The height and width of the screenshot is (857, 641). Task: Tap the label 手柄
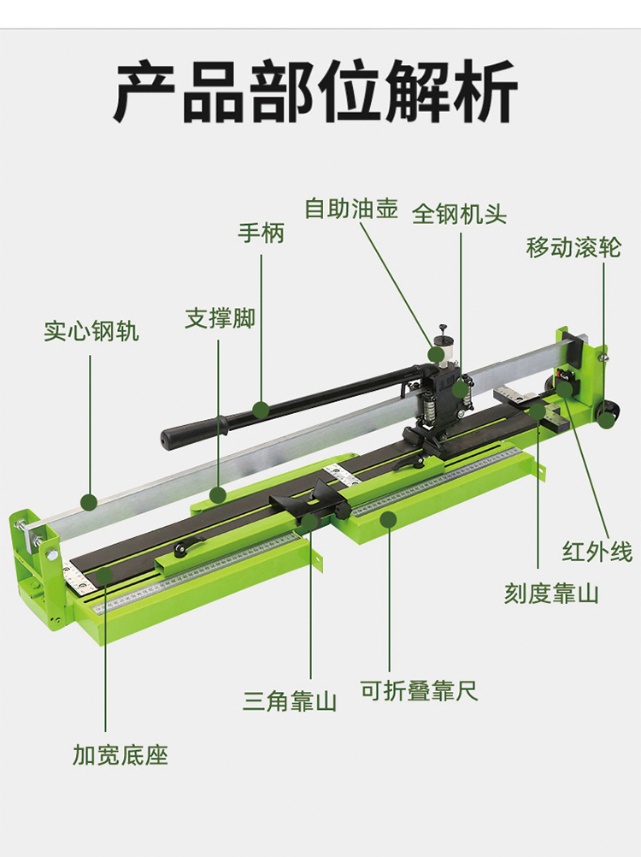click(261, 233)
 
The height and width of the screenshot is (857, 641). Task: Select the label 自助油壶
click(351, 209)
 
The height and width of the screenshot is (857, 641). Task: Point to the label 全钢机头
click(459, 214)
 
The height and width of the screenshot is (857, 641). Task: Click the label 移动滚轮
click(573, 248)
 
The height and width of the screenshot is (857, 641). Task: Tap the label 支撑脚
click(220, 319)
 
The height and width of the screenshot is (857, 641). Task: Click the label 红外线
click(597, 552)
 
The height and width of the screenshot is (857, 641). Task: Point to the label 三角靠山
click(290, 702)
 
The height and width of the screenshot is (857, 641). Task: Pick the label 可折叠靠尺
click(419, 691)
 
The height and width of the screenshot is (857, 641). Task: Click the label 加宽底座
click(121, 755)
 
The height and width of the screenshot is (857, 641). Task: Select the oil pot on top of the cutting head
click(442, 349)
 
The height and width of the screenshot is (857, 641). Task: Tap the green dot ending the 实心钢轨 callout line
click(88, 501)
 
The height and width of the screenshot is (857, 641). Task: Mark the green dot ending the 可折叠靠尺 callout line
click(389, 518)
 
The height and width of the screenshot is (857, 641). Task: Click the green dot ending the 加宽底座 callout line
click(103, 577)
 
